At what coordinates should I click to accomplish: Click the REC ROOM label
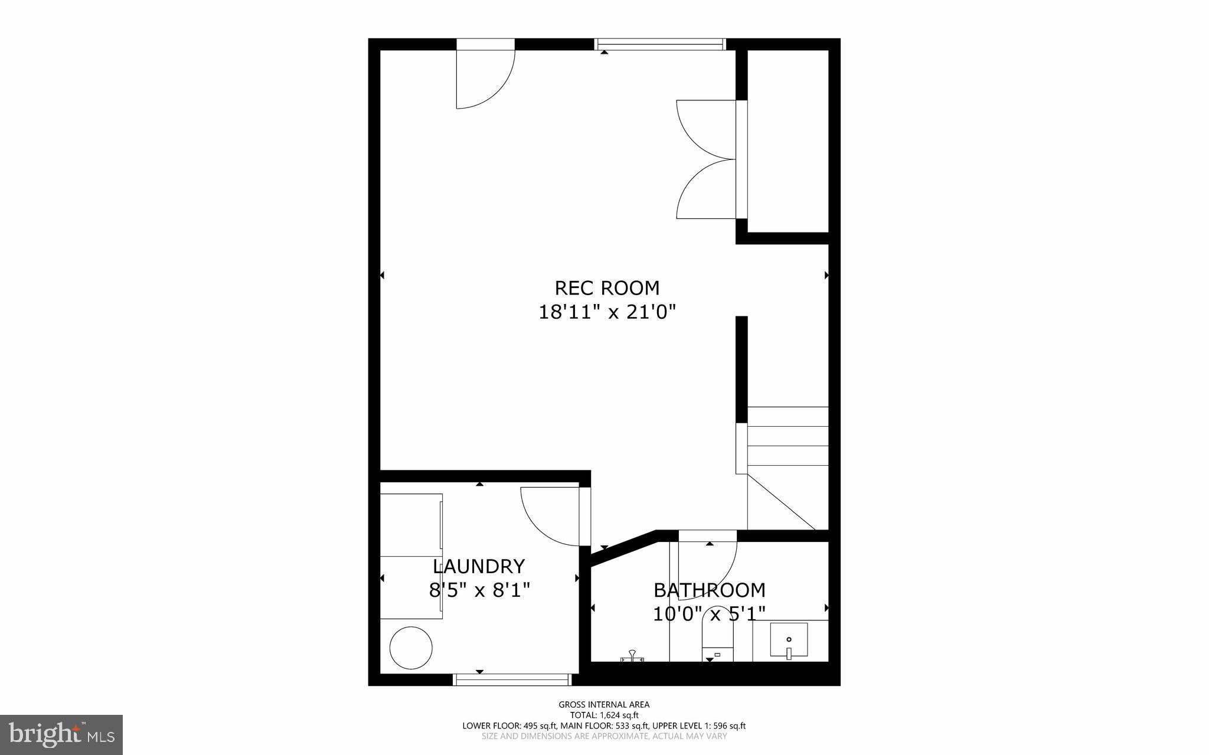607,288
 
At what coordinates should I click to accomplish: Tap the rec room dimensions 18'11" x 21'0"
607,312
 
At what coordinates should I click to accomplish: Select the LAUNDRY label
479,567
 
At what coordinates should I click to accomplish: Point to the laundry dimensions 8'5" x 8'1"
479,590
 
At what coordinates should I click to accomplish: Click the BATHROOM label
709,590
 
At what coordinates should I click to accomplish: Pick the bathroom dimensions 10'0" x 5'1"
709,614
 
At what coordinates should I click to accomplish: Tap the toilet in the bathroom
717,643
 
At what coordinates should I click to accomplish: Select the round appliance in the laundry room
411,648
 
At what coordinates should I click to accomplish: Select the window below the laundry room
512,680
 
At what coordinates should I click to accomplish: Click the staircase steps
788,446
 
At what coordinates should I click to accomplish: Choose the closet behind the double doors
788,142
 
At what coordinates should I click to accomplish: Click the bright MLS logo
61,734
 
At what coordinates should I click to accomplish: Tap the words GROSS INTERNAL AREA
604,704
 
